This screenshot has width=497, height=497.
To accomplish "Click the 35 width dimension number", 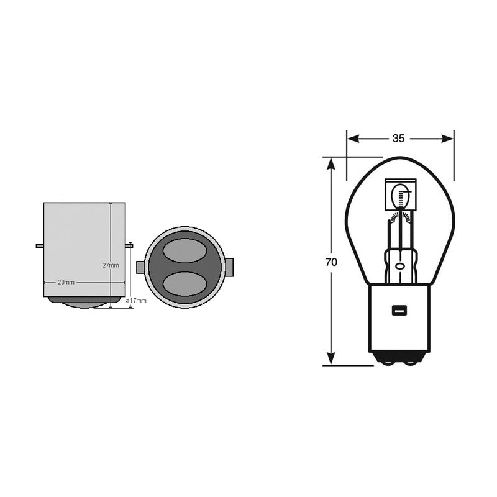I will point(399,138).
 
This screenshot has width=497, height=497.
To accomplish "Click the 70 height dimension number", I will point(331,262).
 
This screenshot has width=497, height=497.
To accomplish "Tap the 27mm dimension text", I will point(111,265).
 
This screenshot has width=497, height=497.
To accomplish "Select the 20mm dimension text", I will point(66,282).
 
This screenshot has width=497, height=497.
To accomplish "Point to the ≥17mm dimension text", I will point(137,301).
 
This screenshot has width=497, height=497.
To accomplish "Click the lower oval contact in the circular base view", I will point(185,283).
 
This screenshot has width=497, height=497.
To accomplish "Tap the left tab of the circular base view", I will point(140,268).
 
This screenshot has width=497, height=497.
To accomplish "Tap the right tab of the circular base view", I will point(229,268).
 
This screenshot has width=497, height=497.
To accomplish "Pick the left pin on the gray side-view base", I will point(40,246).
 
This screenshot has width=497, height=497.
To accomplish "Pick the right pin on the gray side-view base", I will point(129,246).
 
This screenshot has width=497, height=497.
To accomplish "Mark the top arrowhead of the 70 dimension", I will point(331,163).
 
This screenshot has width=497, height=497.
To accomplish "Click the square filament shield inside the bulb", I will point(400,196).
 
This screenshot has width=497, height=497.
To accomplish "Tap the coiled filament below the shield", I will point(400,217).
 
